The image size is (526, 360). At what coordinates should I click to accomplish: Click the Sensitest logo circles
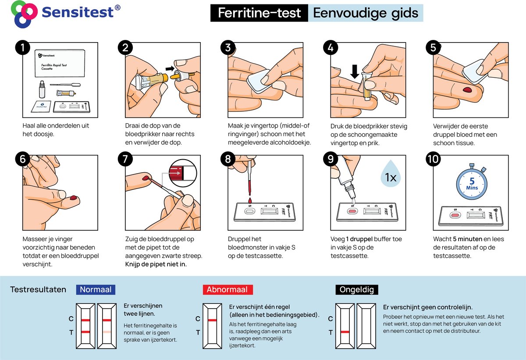pyautogui.click(x=24, y=14)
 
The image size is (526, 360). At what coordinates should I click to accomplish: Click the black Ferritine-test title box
pyautogui.click(x=259, y=13)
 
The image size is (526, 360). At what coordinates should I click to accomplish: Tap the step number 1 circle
pyautogui.click(x=22, y=47)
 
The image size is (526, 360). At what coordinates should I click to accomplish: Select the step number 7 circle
pyautogui.click(x=125, y=159)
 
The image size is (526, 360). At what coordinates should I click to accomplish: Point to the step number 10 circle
pyautogui.click(x=433, y=159)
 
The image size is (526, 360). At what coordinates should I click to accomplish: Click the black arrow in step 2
pyautogui.click(x=170, y=68)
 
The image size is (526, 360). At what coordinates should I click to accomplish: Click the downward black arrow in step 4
pyautogui.click(x=355, y=71)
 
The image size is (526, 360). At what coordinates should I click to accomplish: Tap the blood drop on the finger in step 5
pyautogui.click(x=468, y=89)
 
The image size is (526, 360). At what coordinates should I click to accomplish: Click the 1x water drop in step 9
pyautogui.click(x=391, y=174)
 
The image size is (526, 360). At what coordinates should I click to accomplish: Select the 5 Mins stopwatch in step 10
pyautogui.click(x=472, y=182)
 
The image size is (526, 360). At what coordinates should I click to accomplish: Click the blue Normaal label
pyautogui.click(x=96, y=289)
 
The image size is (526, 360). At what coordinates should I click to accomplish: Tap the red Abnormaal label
pyautogui.click(x=228, y=289)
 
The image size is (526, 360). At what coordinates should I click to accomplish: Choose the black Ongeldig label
pyautogui.click(x=357, y=289)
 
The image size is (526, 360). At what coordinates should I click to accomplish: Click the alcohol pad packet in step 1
pyautogui.click(x=41, y=107)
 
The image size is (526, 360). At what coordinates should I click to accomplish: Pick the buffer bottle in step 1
pyautogui.click(x=42, y=89)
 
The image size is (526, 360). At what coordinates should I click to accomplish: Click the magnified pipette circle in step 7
pyautogui.click(x=183, y=173)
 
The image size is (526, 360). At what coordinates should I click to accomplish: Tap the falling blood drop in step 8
pyautogui.click(x=250, y=201)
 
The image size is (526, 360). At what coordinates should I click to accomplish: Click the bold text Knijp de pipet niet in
pyautogui.click(x=156, y=264)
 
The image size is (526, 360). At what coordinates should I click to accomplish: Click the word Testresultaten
pyautogui.click(x=38, y=289)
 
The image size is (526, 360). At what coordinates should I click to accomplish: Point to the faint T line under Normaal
pyautogui.click(x=107, y=332)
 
